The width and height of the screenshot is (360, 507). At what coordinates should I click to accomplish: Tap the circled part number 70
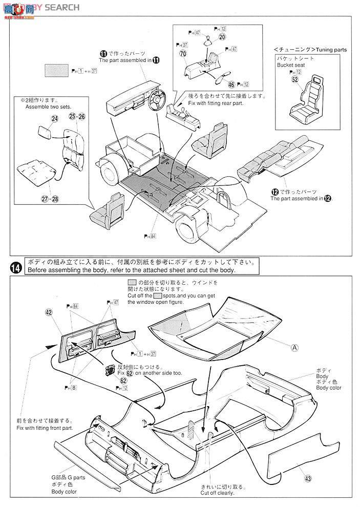coord(183,53)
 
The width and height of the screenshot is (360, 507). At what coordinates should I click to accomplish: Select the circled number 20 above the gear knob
coord(222,37)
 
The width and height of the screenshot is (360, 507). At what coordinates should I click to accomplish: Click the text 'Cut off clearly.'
coord(217,493)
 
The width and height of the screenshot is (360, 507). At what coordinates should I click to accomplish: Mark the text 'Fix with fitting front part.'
coord(45,428)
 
